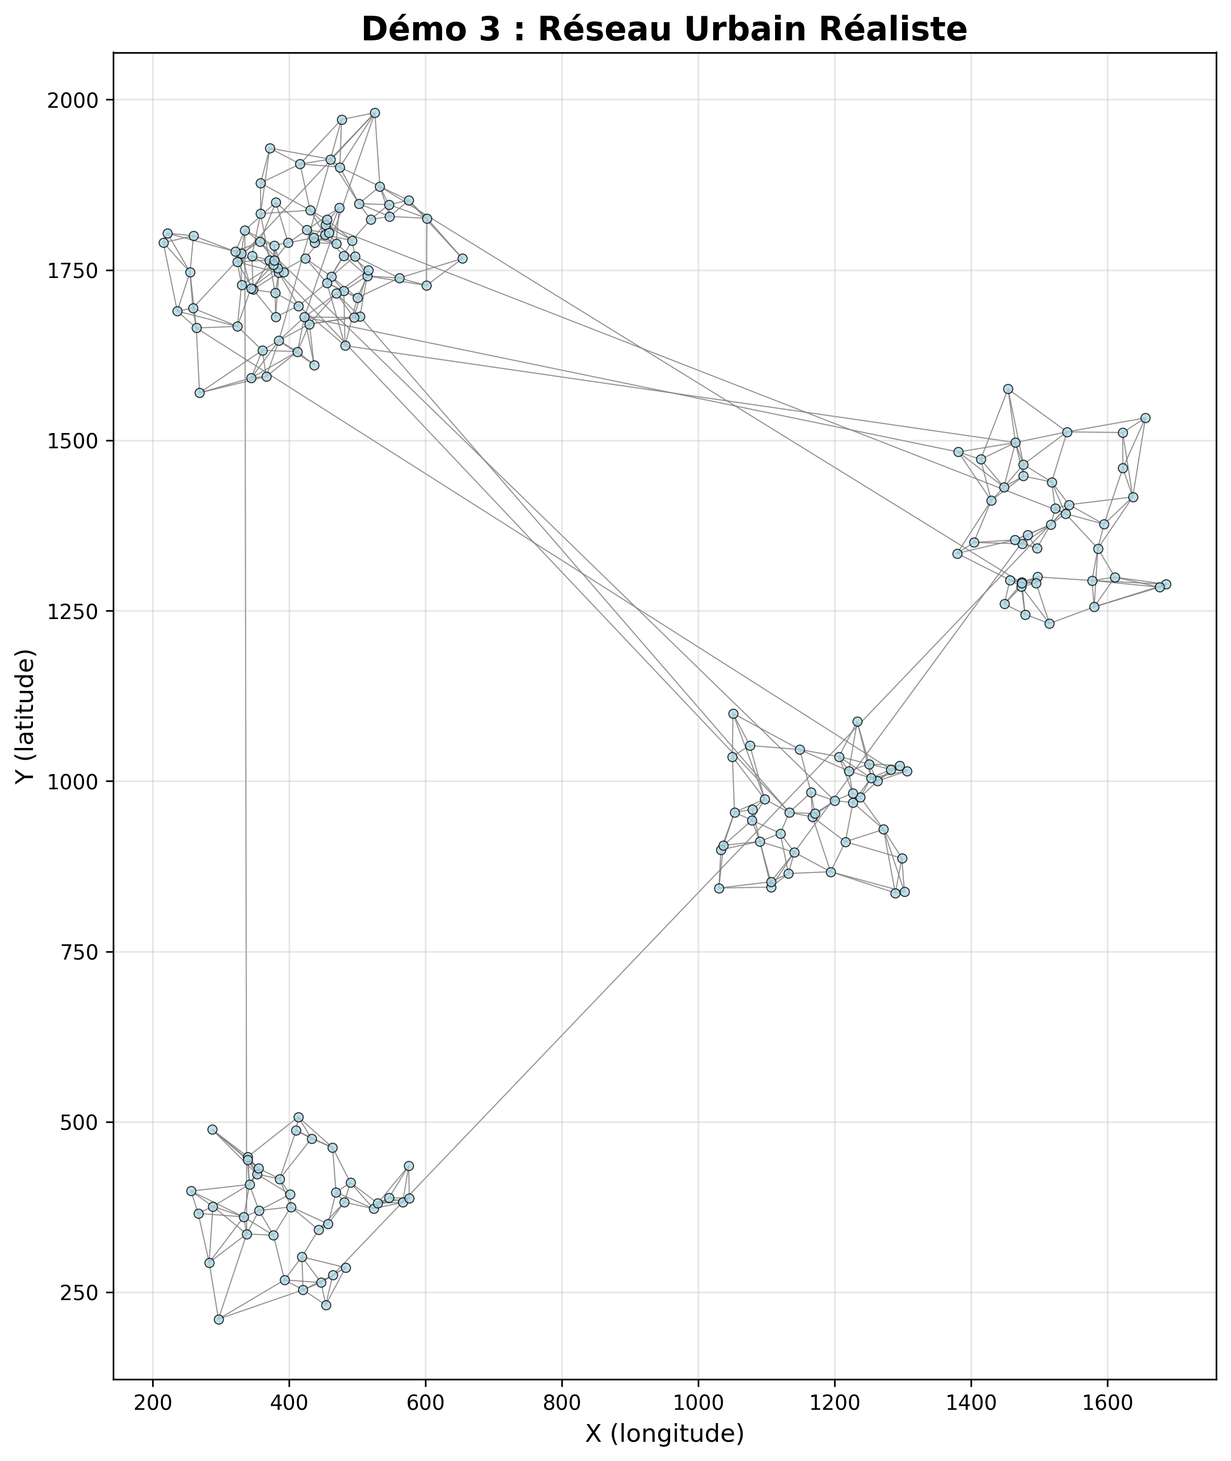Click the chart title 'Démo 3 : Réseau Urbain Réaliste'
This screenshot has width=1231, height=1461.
coord(664,30)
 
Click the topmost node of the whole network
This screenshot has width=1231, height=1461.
coord(375,113)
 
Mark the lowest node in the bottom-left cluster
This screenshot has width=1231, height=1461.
coord(219,1319)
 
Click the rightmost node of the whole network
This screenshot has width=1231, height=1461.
coord(1166,585)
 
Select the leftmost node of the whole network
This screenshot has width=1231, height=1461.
coord(164,243)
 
